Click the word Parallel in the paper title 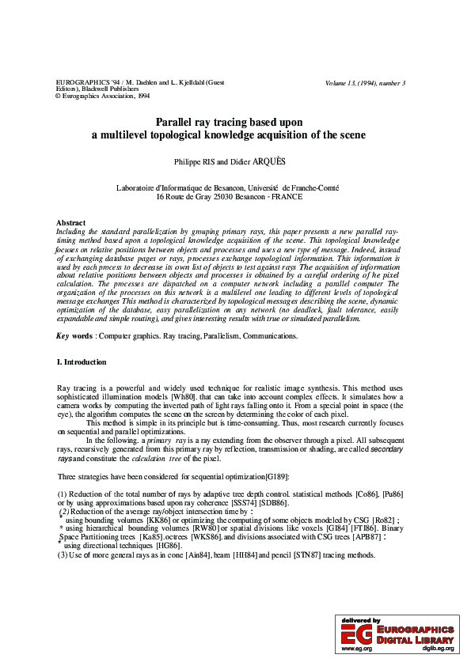pyautogui.click(x=177, y=122)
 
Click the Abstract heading pyautogui.click(x=71, y=223)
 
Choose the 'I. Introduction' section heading pyautogui.click(x=82, y=362)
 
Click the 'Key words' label pyautogui.click(x=75, y=336)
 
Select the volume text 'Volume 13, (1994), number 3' pyautogui.click(x=365, y=83)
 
